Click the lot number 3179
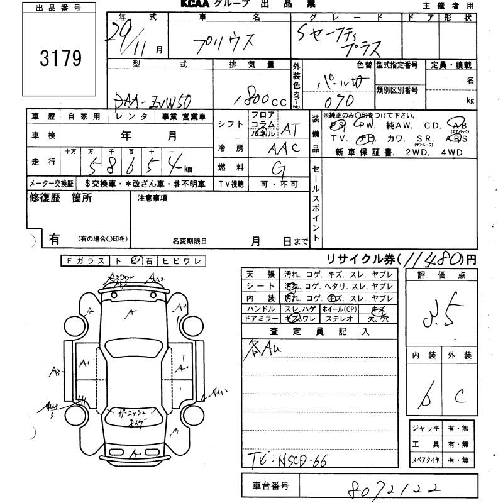(x=61, y=58)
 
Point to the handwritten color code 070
(x=340, y=101)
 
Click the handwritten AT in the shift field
(x=290, y=130)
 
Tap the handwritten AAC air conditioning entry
(x=282, y=148)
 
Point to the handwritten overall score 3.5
(x=439, y=314)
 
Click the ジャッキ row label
(x=425, y=429)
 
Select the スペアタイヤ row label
(x=426, y=461)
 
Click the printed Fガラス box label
(x=84, y=261)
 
